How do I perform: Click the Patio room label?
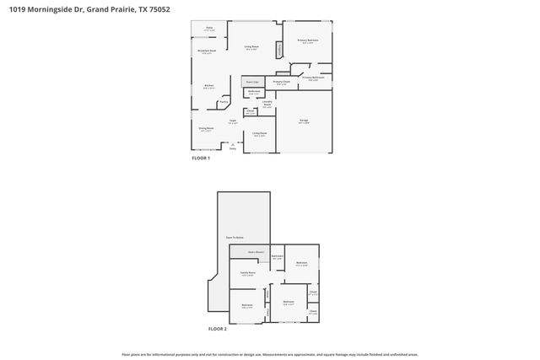click(x=209, y=29)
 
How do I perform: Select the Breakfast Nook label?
click(x=207, y=51)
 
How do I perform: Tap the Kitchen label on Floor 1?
click(x=208, y=87)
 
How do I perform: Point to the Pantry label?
click(x=224, y=102)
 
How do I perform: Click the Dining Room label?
click(x=206, y=129)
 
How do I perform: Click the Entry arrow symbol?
click(x=234, y=146)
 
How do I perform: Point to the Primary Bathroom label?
click(x=313, y=78)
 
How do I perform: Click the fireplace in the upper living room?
click(x=279, y=51)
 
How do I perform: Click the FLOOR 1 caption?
click(x=200, y=158)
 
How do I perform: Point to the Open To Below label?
click(x=235, y=238)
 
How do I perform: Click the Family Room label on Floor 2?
click(x=248, y=273)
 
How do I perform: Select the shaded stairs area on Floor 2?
click(x=256, y=251)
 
